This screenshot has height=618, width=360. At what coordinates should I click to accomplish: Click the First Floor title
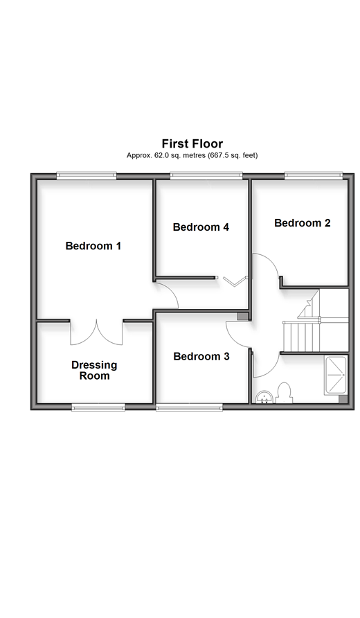click(192, 143)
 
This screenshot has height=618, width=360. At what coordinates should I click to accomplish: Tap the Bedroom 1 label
click(93, 246)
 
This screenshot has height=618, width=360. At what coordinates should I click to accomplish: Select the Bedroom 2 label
click(302, 223)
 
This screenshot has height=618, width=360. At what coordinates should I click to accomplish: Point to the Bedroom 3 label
click(201, 356)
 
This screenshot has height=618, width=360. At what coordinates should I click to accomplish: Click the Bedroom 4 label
click(201, 227)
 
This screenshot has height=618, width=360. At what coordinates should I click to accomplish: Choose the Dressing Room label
click(94, 370)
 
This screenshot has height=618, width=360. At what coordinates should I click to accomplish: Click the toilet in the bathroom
click(285, 393)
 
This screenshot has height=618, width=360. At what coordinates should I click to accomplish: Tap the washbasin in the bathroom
click(264, 397)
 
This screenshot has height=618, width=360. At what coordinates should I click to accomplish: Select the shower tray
click(336, 376)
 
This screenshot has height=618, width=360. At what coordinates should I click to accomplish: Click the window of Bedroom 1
click(87, 176)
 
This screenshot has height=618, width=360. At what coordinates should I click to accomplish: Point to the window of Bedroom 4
click(206, 176)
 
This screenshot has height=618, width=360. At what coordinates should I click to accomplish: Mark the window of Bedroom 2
click(314, 176)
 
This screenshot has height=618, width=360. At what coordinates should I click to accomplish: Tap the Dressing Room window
click(98, 407)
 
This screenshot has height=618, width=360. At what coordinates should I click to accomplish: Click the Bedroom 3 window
click(189, 407)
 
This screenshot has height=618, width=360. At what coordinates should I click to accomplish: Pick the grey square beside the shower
click(343, 399)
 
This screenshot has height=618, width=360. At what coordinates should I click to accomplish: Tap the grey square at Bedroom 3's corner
click(242, 316)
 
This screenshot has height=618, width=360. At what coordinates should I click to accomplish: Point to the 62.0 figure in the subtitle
click(159, 155)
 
